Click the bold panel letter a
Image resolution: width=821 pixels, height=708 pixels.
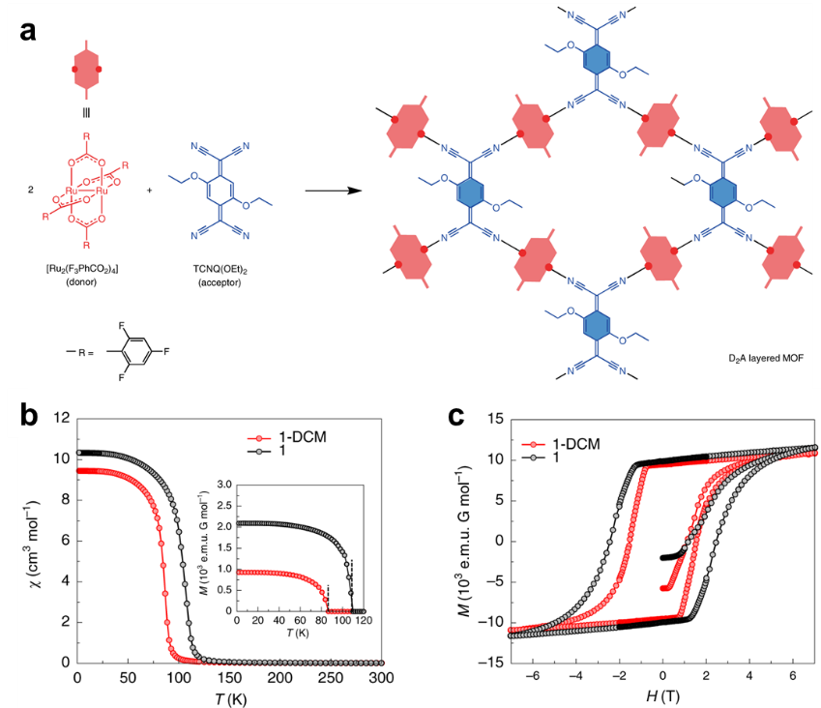pos(30,30)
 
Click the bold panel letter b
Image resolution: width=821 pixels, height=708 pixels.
pos(30,417)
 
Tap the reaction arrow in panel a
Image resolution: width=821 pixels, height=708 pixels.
pos(335,191)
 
